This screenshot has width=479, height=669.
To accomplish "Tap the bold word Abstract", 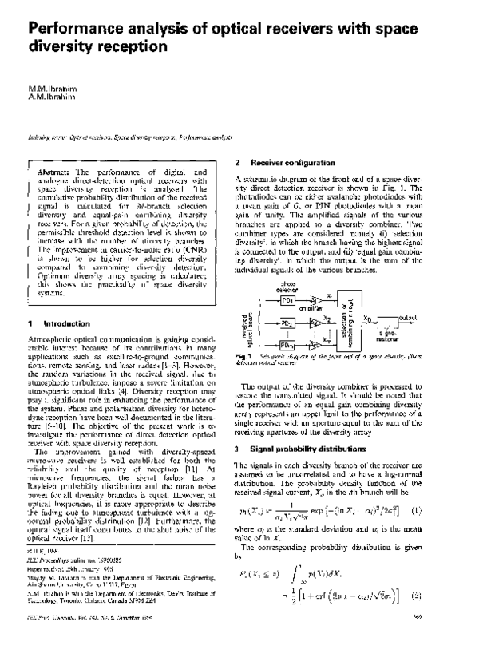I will pyautogui.click(x=53, y=172).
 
